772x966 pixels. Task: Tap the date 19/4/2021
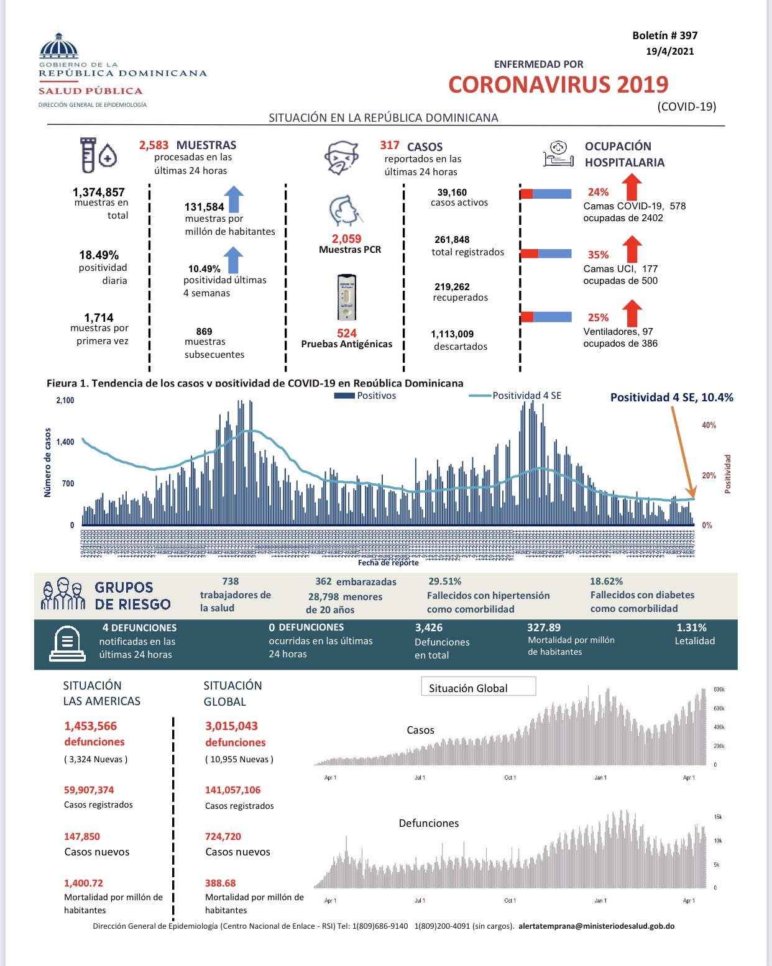pos(669,52)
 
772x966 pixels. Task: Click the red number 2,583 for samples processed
pos(154,145)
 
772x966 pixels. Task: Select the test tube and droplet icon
pos(98,155)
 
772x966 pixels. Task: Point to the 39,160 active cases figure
pos(452,193)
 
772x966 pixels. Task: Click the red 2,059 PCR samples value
pos(346,239)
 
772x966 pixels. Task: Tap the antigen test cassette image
pos(347,298)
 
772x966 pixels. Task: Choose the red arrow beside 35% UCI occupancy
pos(632,249)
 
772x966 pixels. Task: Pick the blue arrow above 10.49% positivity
pos(233,260)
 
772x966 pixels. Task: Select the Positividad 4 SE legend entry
pos(515,396)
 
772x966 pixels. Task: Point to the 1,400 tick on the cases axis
pos(65,442)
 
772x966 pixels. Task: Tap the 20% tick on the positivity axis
pos(709,476)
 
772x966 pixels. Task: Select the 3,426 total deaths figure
pos(429,628)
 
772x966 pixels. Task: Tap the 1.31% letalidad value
pos(691,627)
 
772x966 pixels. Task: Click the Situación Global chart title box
pos(478,687)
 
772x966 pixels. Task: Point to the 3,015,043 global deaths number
pos(231,726)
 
